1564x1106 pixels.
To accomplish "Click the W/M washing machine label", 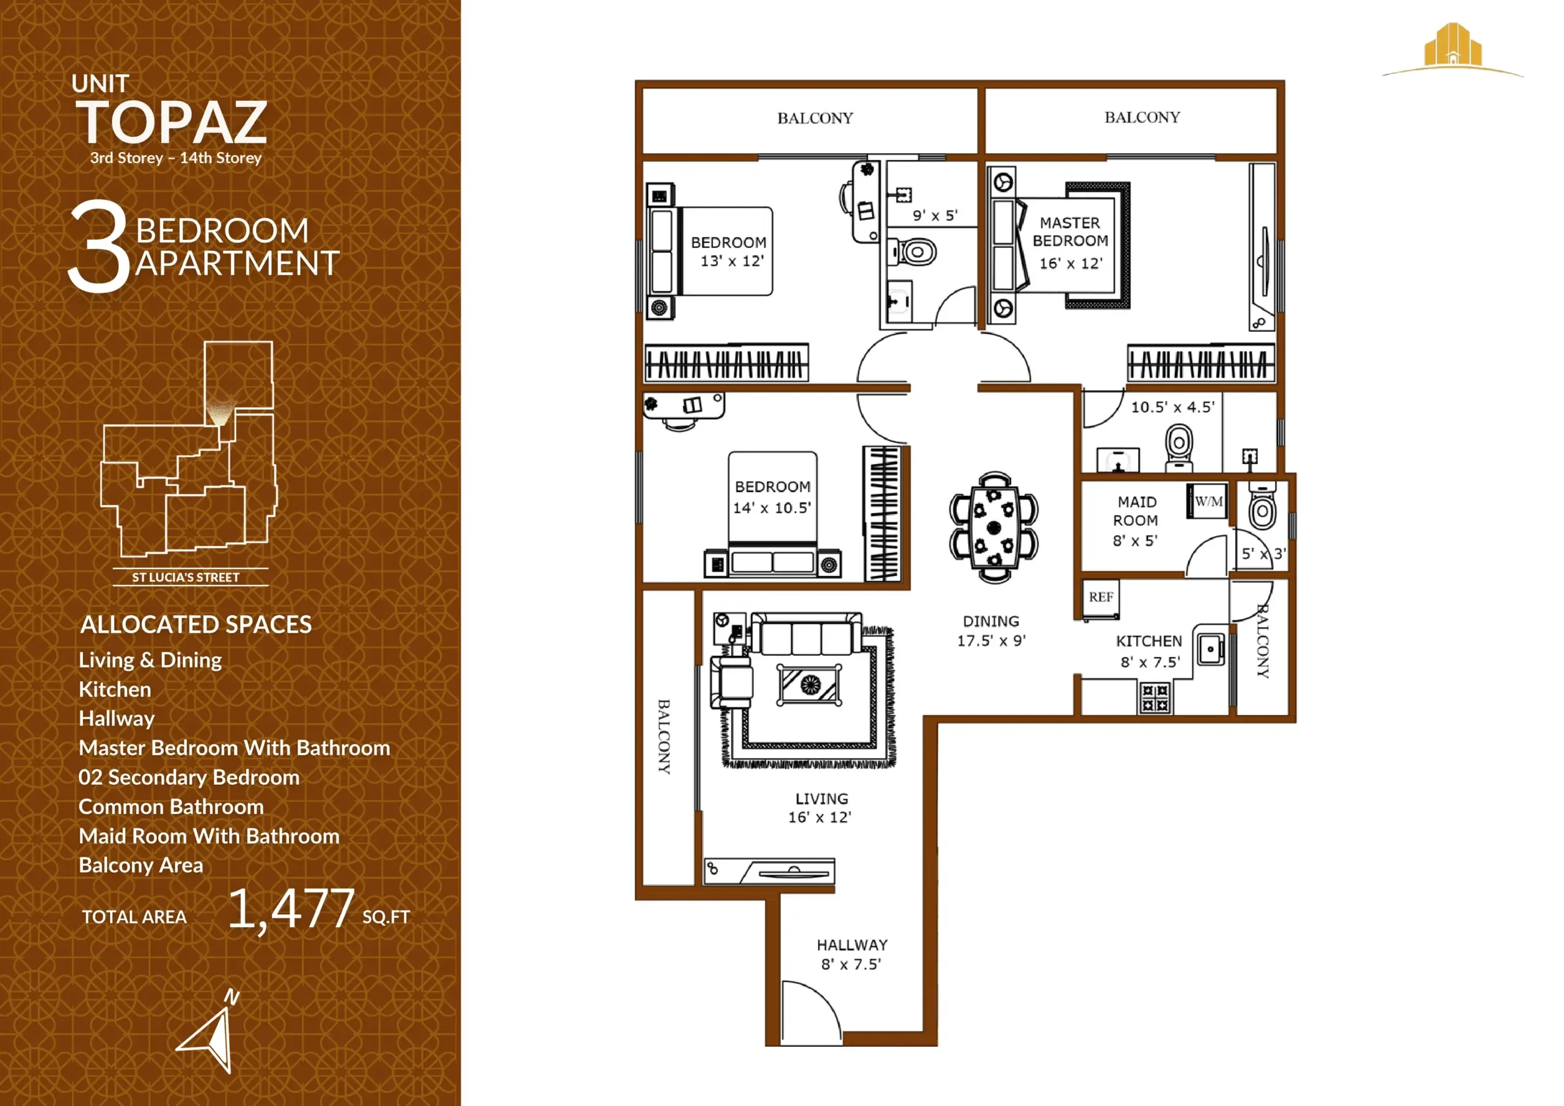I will click(x=1208, y=502).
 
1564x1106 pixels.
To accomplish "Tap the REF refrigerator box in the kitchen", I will click(x=1100, y=598).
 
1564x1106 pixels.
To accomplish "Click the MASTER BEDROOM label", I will click(x=1070, y=231).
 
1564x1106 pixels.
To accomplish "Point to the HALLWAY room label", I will click(x=852, y=945).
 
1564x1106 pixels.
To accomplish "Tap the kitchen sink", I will click(x=1210, y=649).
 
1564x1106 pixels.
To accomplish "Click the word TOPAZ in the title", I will click(x=171, y=123).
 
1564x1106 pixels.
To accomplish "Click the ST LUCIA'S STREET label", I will click(x=185, y=578).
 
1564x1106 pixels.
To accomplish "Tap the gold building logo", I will click(x=1452, y=46).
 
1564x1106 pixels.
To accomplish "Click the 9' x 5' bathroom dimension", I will click(x=935, y=215).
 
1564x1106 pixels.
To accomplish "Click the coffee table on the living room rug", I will click(x=809, y=685).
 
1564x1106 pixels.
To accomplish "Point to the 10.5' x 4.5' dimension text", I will click(x=1172, y=407).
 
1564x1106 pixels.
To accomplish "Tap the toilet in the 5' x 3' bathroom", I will click(x=1262, y=508).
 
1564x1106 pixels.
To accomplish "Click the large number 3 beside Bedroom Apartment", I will click(x=100, y=247).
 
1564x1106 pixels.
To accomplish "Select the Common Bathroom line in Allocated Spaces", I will click(x=171, y=807).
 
